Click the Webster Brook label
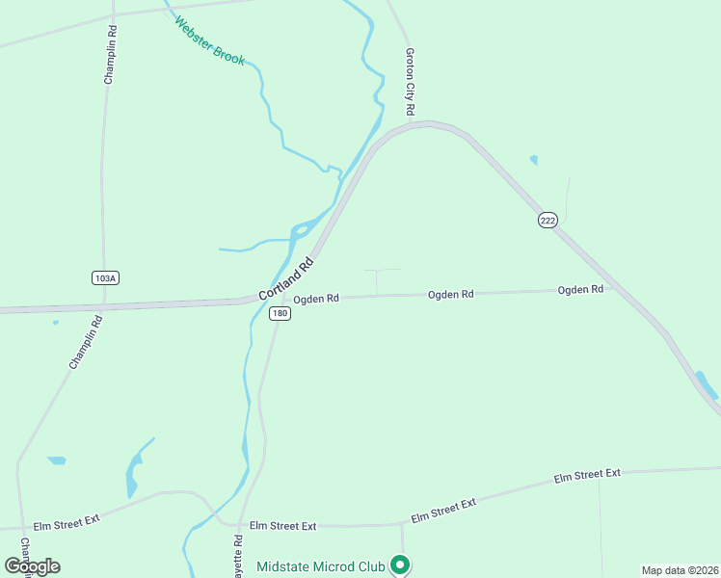(x=210, y=42)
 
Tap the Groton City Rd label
(x=410, y=83)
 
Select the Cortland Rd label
(x=287, y=277)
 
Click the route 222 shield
(x=547, y=221)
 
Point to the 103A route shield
(x=105, y=277)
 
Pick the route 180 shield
(x=280, y=314)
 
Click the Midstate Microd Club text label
(x=320, y=566)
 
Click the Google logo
(x=32, y=566)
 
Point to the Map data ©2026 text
(x=680, y=570)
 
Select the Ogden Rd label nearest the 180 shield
(x=316, y=299)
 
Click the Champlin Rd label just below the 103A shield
(x=86, y=341)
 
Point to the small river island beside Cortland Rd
(x=301, y=229)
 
